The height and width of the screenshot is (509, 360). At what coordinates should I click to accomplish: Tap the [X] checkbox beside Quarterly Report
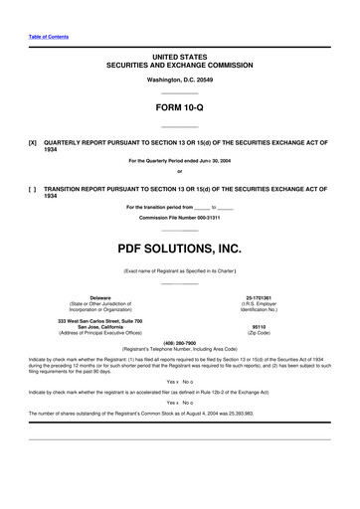pos(33,142)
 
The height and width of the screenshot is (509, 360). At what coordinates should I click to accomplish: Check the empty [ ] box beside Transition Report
pos(33,188)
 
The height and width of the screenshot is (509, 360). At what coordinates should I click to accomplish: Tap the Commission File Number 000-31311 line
pos(179,217)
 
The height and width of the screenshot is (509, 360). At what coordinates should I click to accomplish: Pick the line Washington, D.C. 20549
pos(179,78)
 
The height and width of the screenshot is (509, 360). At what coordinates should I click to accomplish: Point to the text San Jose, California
pos(101,326)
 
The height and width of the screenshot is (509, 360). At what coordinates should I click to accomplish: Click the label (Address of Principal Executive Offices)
pos(101,332)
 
